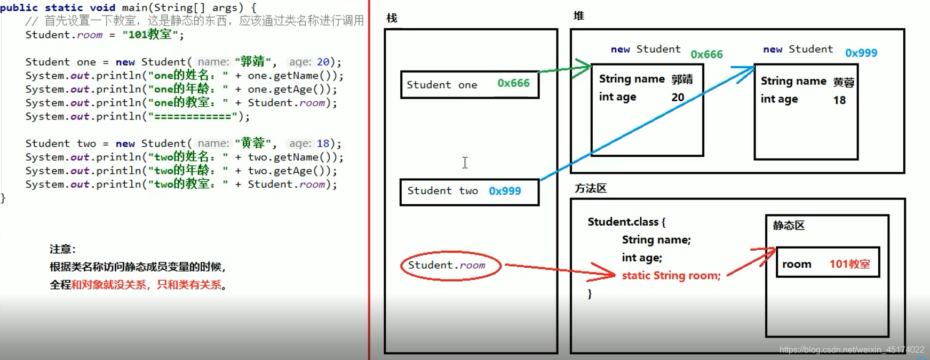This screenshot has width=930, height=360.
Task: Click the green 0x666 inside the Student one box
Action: pos(513,83)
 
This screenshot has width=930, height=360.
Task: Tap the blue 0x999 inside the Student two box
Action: pos(505,191)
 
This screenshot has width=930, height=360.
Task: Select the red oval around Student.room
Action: pos(451,266)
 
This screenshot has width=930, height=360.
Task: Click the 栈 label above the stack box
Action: pos(392,18)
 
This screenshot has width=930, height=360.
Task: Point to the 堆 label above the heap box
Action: pos(578,16)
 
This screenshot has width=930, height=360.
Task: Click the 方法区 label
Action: pos(590,188)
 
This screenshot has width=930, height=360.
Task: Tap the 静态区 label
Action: pos(788,226)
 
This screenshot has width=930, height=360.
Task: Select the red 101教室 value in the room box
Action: pos(849,264)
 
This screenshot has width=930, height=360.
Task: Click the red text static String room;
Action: pos(671,276)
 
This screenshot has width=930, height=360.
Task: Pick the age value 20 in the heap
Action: pos(678,98)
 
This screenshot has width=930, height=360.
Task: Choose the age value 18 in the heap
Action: pos(839,100)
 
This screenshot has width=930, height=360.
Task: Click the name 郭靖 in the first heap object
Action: pos(682,79)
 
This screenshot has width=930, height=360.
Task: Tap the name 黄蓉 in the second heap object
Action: pos(844,82)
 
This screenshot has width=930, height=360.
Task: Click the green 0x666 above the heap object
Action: pos(706,54)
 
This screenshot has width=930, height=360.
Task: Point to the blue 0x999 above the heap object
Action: pos(861,53)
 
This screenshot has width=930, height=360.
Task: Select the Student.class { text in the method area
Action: pos(626,222)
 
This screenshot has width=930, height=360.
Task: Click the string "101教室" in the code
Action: pos(149,35)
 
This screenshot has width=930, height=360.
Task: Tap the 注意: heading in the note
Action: pos(62,249)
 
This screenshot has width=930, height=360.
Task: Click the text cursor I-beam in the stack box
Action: pos(465,163)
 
